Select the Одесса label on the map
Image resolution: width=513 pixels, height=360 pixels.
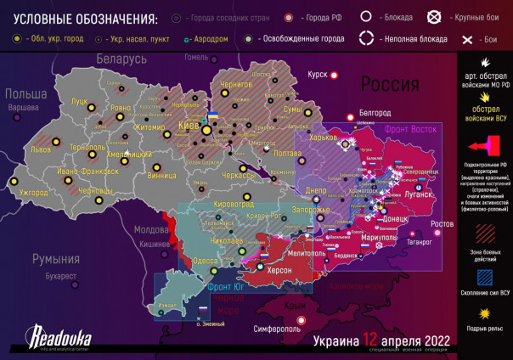[x=206, y=261]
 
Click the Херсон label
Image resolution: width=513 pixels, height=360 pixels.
[x=279, y=269]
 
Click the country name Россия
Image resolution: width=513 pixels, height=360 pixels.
[x=390, y=85]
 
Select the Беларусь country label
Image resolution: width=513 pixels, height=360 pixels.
[x=121, y=59]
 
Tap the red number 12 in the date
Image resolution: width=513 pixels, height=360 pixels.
[x=370, y=340]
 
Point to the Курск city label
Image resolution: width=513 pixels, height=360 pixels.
[x=317, y=75]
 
